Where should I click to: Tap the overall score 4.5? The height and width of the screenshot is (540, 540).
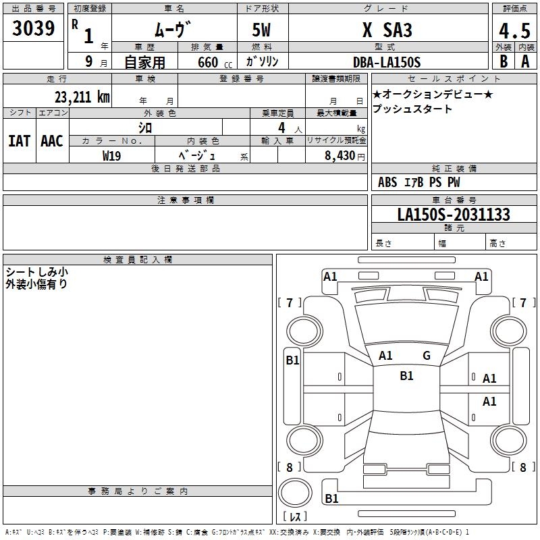tap(513, 31)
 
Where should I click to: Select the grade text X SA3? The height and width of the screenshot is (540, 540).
tap(387, 30)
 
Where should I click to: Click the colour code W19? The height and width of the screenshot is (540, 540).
tap(112, 155)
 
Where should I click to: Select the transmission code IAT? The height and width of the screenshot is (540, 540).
tap(19, 141)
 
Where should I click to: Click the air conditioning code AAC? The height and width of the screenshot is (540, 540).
tap(52, 141)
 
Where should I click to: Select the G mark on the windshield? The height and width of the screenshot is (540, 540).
tap(427, 356)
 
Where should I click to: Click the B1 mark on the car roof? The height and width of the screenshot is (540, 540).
tap(406, 376)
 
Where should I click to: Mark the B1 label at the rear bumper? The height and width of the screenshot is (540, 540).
tap(331, 498)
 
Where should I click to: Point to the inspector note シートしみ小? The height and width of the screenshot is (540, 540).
tap(37, 271)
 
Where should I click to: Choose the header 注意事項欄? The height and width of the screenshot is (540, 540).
tap(185, 200)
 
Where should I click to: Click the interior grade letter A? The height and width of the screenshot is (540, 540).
tap(525, 61)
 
